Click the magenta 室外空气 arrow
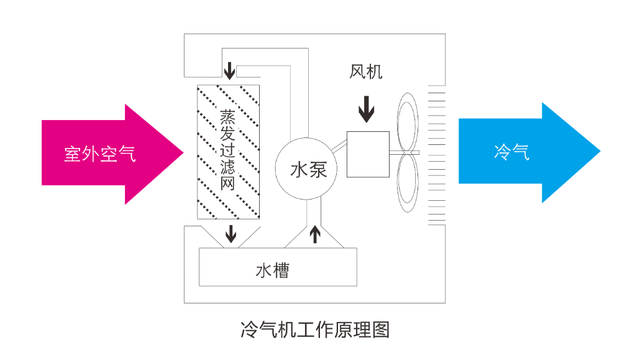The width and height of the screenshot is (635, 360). [112, 154]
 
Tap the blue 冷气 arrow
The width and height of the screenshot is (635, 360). [529, 152]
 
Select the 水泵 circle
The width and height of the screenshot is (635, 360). [306, 168]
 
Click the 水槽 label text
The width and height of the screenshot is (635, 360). [273, 270]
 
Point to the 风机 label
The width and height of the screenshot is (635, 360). [366, 72]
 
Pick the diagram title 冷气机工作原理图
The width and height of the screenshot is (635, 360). [315, 330]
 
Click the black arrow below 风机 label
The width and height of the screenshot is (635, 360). [367, 109]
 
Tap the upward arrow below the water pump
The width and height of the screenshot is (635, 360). [315, 234]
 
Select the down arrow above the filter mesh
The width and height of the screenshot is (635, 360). [230, 70]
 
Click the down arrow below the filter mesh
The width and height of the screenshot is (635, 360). [231, 234]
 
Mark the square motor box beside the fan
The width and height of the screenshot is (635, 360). [368, 154]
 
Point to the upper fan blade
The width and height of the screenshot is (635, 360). [408, 122]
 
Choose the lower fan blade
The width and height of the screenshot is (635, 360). [408, 183]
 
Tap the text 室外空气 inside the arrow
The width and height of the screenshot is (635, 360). [99, 154]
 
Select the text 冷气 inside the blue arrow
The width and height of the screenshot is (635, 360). [512, 152]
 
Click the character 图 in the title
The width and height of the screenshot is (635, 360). [381, 330]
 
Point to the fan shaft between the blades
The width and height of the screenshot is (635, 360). [404, 153]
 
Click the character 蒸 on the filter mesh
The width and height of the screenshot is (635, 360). [227, 117]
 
